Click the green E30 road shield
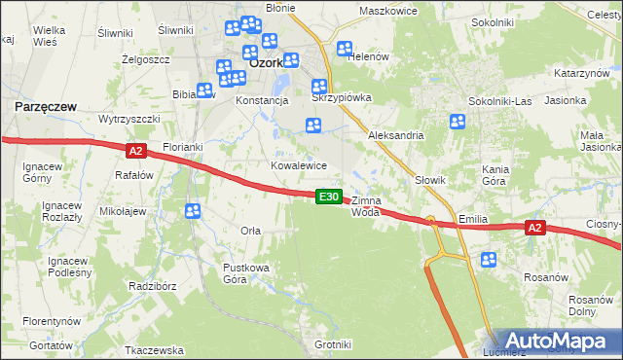coord(329,197)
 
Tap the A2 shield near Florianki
coord(135,150)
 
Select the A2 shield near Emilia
coord(533,228)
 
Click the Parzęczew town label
coord(45,105)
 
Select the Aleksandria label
coord(395,136)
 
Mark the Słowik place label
coord(429,180)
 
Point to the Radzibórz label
coord(152,287)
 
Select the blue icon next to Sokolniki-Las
coord(458,122)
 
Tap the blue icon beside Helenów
coord(344,50)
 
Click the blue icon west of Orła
coord(193,211)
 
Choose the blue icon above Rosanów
coord(489,260)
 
